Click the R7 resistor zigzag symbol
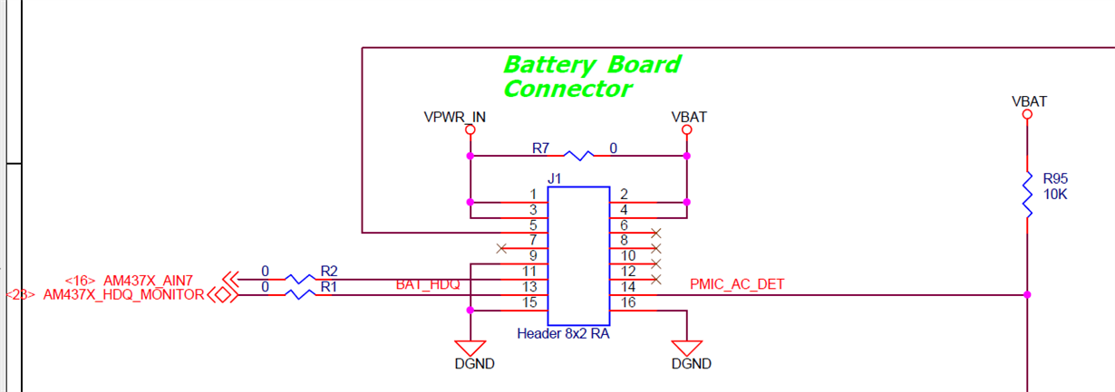pyautogui.click(x=578, y=156)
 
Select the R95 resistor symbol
pyautogui.click(x=1027, y=195)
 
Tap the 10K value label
pyautogui.click(x=1055, y=195)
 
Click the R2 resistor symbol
pyautogui.click(x=300, y=279)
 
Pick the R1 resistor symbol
pyautogui.click(x=300, y=294)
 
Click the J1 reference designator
pyautogui.click(x=554, y=178)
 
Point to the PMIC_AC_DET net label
pyautogui.click(x=737, y=284)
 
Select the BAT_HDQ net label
pyautogui.click(x=428, y=284)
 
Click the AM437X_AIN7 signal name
pyautogui.click(x=148, y=281)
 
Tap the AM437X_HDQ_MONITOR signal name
pyautogui.click(x=123, y=294)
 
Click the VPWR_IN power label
pyautogui.click(x=454, y=118)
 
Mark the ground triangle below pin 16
pyautogui.click(x=686, y=349)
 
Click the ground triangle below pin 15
pyautogui.click(x=470, y=349)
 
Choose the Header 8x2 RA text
pyautogui.click(x=563, y=333)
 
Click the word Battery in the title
pyautogui.click(x=549, y=65)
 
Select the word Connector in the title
pyautogui.click(x=568, y=89)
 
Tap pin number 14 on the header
pyautogui.click(x=628, y=287)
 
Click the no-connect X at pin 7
pyautogui.click(x=501, y=248)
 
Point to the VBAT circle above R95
pyautogui.click(x=1027, y=114)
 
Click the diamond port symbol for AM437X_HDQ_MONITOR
pyautogui.click(x=222, y=295)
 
